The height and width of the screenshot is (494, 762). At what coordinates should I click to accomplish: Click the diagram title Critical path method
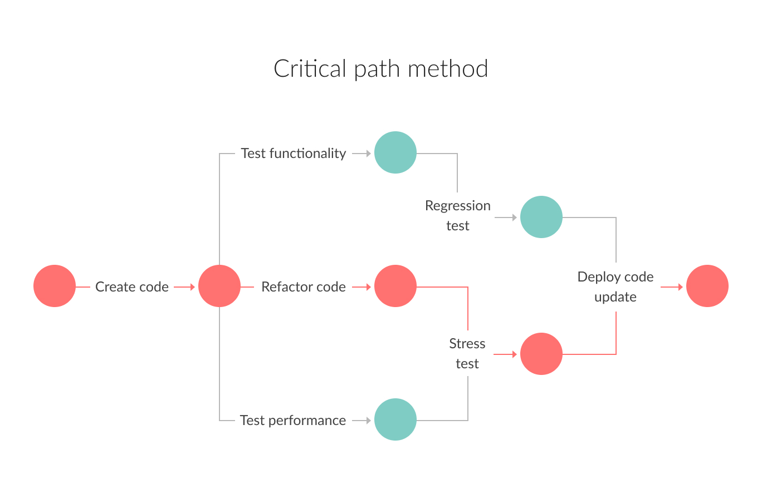pyautogui.click(x=381, y=69)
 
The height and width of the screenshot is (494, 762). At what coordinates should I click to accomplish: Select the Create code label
pyautogui.click(x=132, y=286)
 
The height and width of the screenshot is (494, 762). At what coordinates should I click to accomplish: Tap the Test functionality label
pyautogui.click(x=294, y=153)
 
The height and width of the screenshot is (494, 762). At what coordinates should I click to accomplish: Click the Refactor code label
pyautogui.click(x=304, y=286)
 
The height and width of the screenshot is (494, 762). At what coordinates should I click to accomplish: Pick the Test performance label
pyautogui.click(x=293, y=420)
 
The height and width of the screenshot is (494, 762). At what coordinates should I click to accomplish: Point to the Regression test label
pyautogui.click(x=458, y=215)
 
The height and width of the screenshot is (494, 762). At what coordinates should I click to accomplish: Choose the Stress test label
pyautogui.click(x=467, y=353)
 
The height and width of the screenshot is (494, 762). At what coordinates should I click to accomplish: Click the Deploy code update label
pyautogui.click(x=616, y=286)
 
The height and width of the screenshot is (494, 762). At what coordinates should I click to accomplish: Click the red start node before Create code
pyautogui.click(x=55, y=286)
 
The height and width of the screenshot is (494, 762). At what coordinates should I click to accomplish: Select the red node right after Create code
pyautogui.click(x=219, y=286)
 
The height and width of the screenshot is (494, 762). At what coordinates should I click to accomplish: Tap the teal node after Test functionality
pyautogui.click(x=395, y=152)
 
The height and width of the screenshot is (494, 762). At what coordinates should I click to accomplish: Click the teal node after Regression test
pyautogui.click(x=541, y=217)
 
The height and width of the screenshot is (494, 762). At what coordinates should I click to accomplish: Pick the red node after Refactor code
pyautogui.click(x=395, y=286)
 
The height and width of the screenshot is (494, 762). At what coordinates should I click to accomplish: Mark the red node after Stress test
pyautogui.click(x=541, y=354)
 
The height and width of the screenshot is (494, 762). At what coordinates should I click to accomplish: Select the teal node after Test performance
pyautogui.click(x=395, y=419)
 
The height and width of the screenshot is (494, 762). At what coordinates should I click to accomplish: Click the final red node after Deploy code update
pyautogui.click(x=707, y=286)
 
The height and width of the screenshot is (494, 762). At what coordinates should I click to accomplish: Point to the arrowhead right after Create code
pyautogui.click(x=192, y=286)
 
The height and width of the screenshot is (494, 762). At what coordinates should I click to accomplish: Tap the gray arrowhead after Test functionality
pyautogui.click(x=368, y=153)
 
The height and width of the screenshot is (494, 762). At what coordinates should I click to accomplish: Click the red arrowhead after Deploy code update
pyautogui.click(x=680, y=286)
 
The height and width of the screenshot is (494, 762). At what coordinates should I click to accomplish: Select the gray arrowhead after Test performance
pyautogui.click(x=368, y=420)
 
